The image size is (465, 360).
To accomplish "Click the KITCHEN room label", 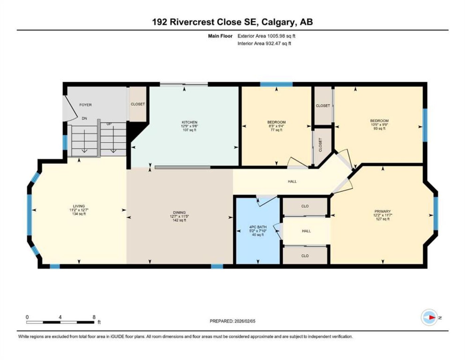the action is tap(190, 122).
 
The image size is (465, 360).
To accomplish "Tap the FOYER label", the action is tap(85, 105).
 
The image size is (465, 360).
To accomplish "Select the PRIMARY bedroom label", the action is tap(383, 211).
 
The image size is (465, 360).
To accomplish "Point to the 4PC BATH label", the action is tap(258, 227).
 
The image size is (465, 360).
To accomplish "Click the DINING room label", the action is tap(179, 212).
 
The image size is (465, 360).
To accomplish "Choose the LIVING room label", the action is tap(79, 206).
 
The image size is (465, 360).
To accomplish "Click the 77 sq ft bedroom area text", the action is tap(276, 130).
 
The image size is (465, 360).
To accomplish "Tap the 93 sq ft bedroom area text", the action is tap(379, 128).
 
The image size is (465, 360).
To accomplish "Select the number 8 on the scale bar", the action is tap(94, 317).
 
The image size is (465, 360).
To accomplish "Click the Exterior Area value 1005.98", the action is tap(276, 36).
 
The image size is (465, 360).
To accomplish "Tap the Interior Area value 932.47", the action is tap(273, 43).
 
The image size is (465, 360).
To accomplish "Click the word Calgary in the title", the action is tap(278, 22).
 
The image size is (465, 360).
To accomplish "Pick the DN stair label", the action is tap(84, 118).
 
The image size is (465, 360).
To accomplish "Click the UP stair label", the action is tap(109, 124).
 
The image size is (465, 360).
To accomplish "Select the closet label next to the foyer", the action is tap(138, 104).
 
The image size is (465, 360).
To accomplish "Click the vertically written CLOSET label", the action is tap(320, 145).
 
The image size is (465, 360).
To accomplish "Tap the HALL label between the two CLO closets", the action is tap(306, 231).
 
